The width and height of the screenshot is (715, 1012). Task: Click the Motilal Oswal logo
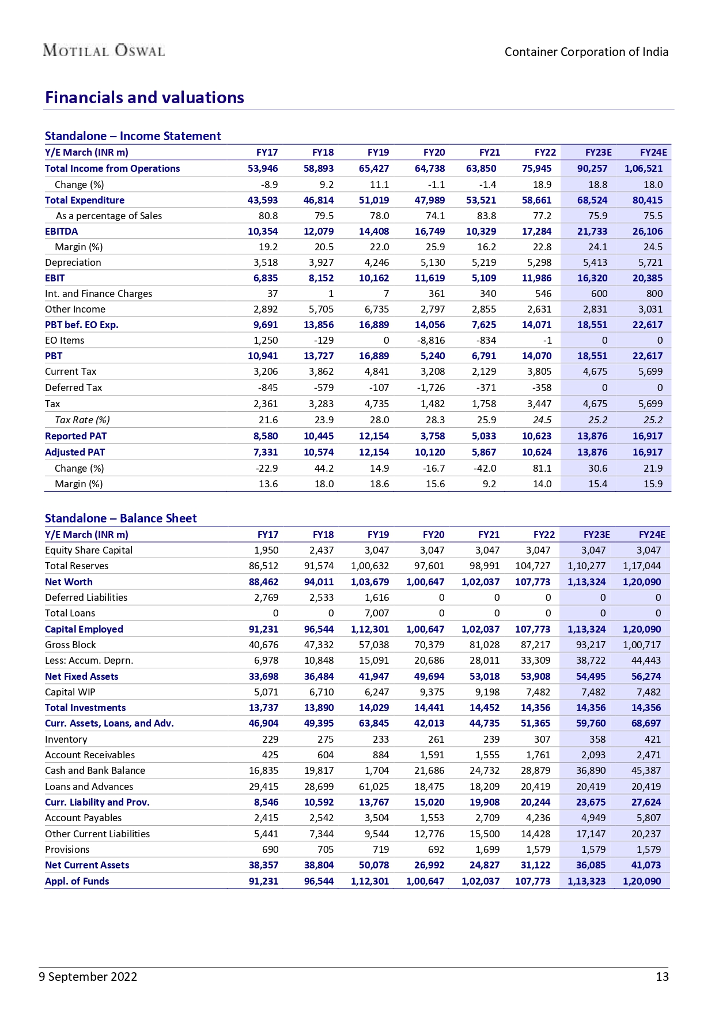pos(104,51)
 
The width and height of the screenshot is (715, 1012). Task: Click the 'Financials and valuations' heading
pos(145,97)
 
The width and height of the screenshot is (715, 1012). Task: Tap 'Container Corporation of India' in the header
pos(586,52)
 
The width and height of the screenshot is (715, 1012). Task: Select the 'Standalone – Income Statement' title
pos(133,136)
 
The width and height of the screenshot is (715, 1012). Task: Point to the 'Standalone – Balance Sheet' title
pos(120,518)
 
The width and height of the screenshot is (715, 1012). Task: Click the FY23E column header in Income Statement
pos(598,152)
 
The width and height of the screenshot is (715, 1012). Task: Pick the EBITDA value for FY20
pos(430,231)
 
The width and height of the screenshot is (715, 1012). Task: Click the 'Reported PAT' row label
pos(75,436)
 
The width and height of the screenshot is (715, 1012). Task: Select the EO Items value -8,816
pos(430,340)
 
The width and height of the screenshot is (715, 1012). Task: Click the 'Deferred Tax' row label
pos(73,388)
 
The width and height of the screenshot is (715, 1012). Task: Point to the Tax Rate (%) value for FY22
pos(542,420)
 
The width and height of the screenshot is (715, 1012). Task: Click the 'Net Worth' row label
pos(69,582)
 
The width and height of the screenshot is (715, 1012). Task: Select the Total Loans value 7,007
pos(377,613)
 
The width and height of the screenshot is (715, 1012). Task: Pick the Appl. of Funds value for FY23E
pos(586,881)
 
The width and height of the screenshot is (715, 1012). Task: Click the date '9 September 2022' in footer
pos(88,976)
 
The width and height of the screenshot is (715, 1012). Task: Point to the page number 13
pos(662,976)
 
